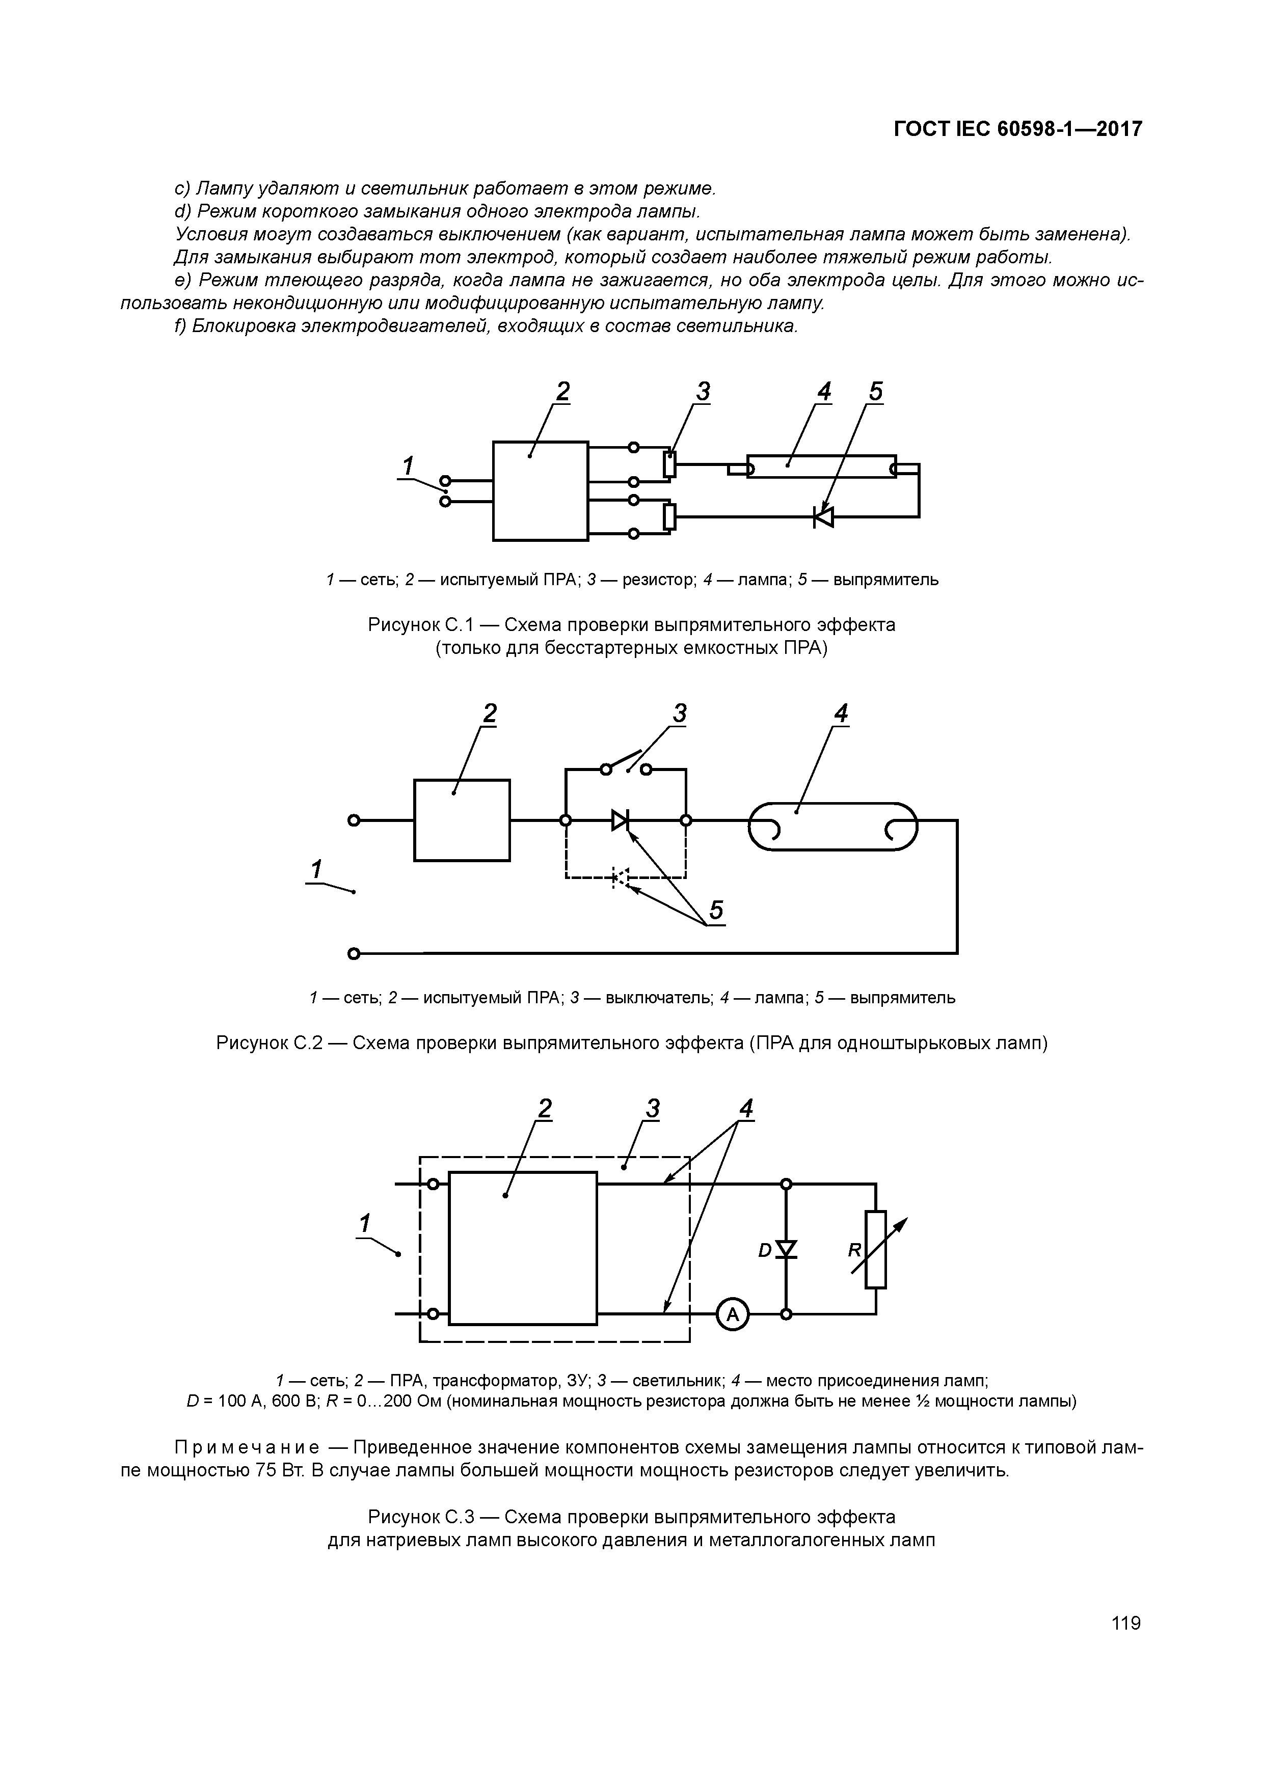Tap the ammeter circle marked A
click(732, 1314)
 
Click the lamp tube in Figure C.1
click(821, 466)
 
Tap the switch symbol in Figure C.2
click(627, 764)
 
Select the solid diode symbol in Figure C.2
click(620, 820)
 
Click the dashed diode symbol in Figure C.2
click(620, 877)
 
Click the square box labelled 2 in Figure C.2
click(462, 820)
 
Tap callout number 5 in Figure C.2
click(716, 910)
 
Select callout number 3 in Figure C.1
click(703, 393)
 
